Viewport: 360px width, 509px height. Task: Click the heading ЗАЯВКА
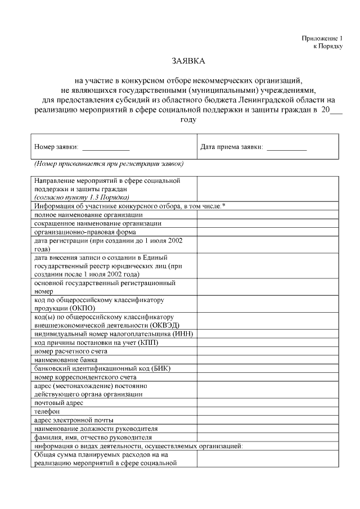coord(188,60)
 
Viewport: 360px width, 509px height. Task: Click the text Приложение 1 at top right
coord(321,38)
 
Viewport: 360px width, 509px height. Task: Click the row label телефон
coord(47,411)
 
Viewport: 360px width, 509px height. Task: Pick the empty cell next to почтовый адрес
coord(267,403)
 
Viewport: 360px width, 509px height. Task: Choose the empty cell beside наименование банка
coord(267,359)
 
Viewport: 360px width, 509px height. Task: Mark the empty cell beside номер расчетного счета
coord(267,351)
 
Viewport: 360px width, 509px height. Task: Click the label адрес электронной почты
coord(74,420)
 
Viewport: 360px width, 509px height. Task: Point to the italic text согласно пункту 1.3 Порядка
coord(82,197)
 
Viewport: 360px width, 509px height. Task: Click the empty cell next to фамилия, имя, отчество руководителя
coord(267,437)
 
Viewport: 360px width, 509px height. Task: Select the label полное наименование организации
coord(88,214)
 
